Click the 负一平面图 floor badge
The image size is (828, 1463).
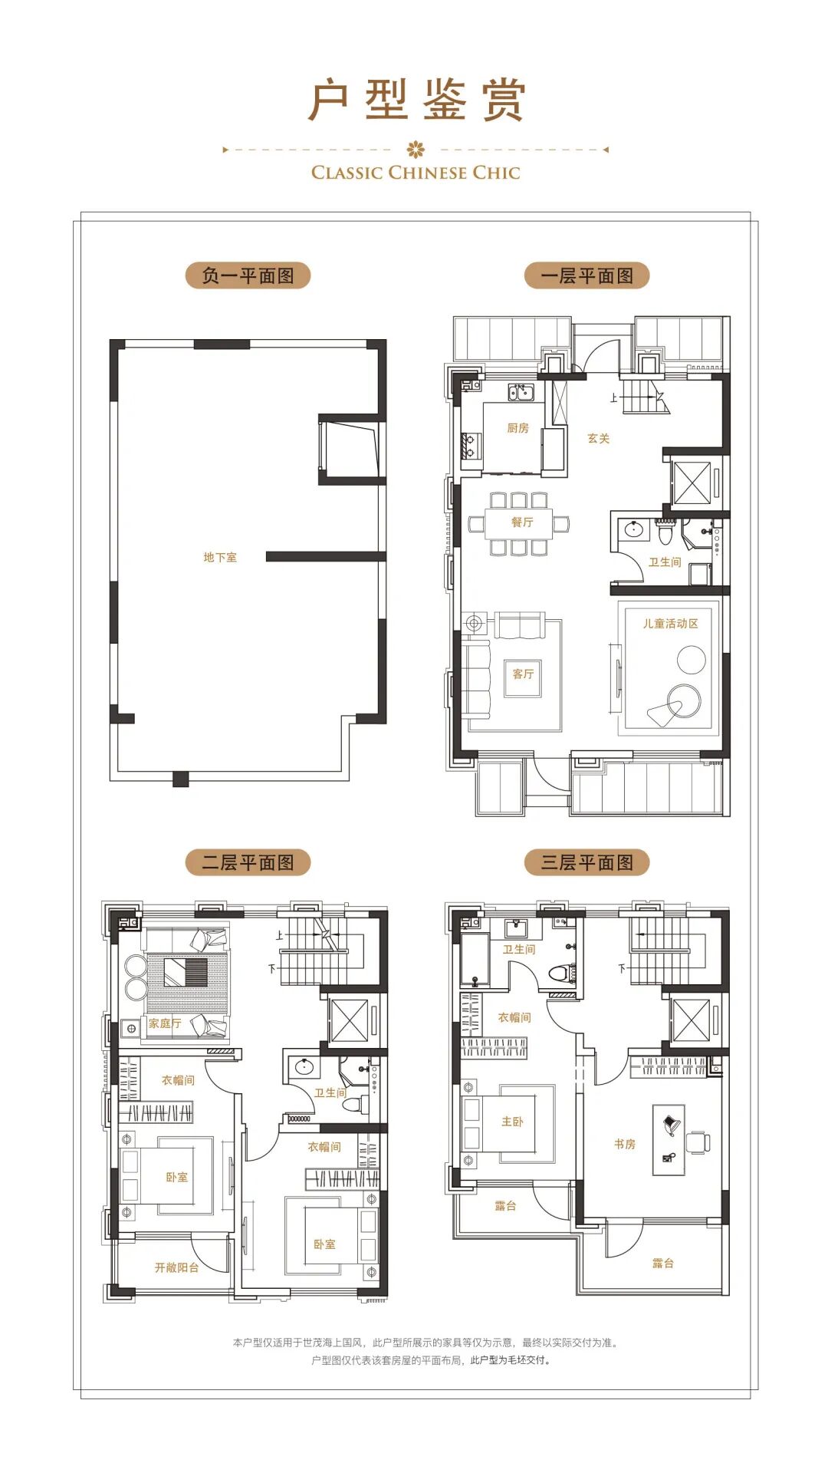pyautogui.click(x=248, y=275)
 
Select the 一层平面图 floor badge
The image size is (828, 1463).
pyautogui.click(x=586, y=275)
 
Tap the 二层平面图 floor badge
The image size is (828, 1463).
pyautogui.click(x=248, y=862)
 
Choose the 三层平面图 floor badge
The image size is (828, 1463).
pyautogui.click(x=586, y=862)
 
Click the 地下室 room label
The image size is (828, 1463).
pyautogui.click(x=220, y=557)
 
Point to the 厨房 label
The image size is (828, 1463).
pyautogui.click(x=518, y=428)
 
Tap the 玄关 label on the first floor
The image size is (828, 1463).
pyautogui.click(x=599, y=438)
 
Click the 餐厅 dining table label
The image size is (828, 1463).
pyautogui.click(x=522, y=522)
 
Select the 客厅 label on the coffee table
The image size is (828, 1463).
pyautogui.click(x=523, y=674)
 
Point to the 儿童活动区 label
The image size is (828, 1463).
pyautogui.click(x=671, y=624)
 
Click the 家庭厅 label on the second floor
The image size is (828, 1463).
pyautogui.click(x=165, y=1023)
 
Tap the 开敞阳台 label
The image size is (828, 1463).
pyautogui.click(x=177, y=1267)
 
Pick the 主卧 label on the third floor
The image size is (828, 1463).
pyautogui.click(x=512, y=1121)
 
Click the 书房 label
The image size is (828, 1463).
pyautogui.click(x=625, y=1144)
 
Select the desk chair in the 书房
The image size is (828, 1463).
pyautogui.click(x=698, y=1142)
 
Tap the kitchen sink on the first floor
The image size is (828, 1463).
pyautogui.click(x=521, y=393)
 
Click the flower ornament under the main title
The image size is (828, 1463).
pyautogui.click(x=416, y=149)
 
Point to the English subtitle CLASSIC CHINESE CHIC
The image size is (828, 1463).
pyautogui.click(x=416, y=173)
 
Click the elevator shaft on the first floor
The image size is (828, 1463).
pyautogui.click(x=692, y=483)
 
